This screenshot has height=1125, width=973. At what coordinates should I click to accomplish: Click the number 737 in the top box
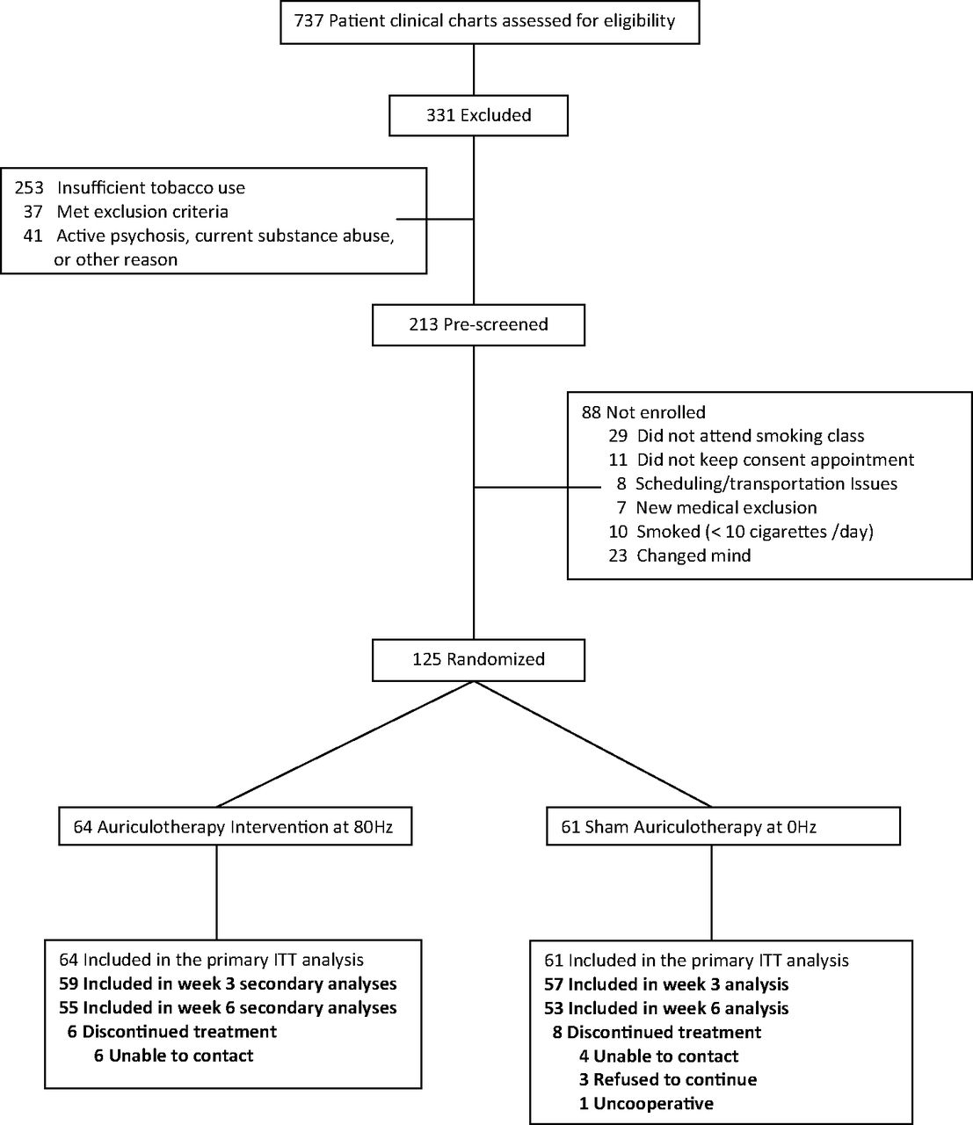click(x=309, y=21)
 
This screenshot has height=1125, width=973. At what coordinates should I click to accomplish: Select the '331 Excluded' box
click(x=478, y=115)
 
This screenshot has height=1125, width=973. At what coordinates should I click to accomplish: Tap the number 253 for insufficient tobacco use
click(x=29, y=188)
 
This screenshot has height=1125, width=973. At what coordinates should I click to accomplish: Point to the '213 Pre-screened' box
click(x=478, y=325)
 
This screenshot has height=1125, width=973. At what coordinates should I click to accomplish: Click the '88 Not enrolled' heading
click(x=643, y=412)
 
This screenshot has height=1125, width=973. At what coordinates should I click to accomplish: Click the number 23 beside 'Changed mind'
click(x=618, y=555)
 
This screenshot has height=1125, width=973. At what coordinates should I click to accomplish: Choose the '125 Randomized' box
click(x=478, y=660)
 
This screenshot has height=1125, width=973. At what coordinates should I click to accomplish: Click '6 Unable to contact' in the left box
click(x=174, y=1056)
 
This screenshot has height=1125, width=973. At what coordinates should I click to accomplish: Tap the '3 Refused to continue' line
click(x=668, y=1080)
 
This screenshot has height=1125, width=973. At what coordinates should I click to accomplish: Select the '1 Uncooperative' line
click(x=646, y=1104)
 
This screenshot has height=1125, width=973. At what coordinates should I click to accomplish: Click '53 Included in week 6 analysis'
click(x=666, y=1008)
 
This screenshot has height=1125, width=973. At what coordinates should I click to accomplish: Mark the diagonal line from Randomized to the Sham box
click(x=593, y=744)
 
